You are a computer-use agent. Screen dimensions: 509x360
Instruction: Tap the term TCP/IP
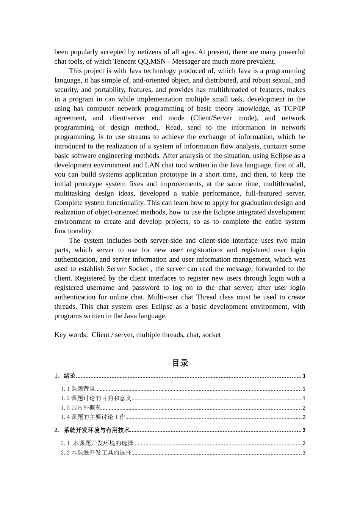tap(294, 109)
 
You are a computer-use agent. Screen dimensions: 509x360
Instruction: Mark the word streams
tap(139, 137)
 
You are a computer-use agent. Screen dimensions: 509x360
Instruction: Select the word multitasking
tap(72, 194)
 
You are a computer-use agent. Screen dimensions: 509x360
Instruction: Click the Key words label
tap(71, 335)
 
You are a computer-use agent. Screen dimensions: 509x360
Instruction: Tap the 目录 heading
tap(180, 363)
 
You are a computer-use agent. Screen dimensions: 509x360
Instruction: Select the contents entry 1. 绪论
tap(65, 376)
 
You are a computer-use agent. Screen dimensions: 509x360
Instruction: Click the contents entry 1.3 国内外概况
tap(81, 408)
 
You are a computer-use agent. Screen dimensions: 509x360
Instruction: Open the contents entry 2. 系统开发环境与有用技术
tap(92, 430)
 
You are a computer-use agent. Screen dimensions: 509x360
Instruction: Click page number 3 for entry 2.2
tap(304, 453)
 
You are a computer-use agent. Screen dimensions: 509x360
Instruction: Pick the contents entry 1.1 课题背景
tap(78, 389)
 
